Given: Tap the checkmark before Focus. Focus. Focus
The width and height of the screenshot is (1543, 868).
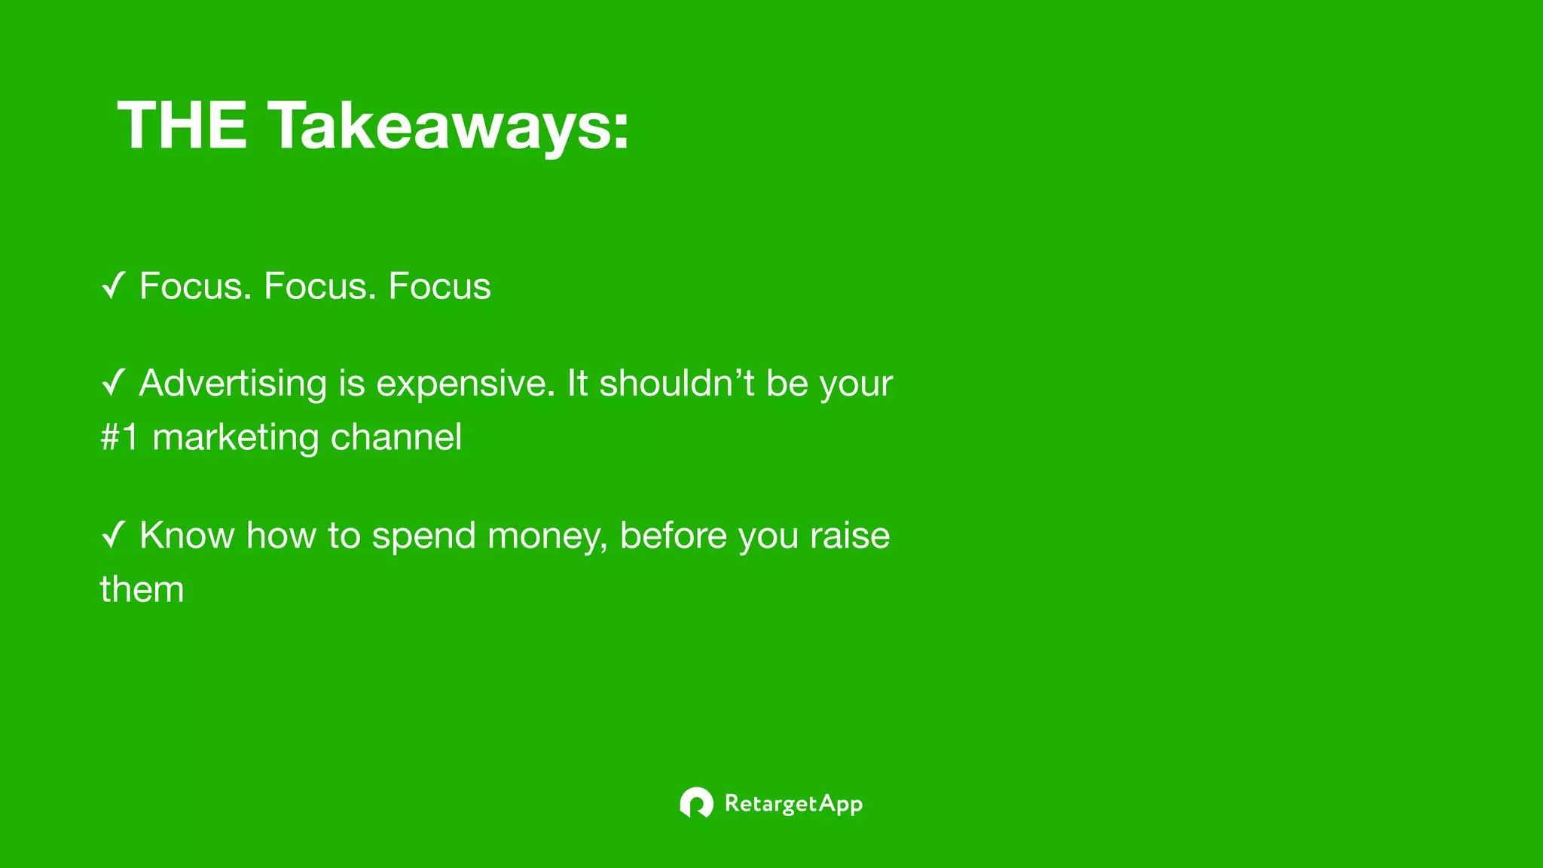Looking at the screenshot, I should (113, 286).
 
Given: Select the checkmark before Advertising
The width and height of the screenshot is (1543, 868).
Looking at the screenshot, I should (113, 383).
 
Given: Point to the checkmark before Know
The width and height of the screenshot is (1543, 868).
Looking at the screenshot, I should (113, 536).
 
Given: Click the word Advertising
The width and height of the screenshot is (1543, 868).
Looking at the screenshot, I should (233, 384).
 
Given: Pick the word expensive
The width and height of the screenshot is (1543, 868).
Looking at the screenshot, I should (465, 384).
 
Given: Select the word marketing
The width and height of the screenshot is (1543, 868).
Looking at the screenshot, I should (235, 438).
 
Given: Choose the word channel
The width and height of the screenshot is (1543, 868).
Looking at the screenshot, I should (396, 437).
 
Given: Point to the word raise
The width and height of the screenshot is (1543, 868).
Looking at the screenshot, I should (850, 536).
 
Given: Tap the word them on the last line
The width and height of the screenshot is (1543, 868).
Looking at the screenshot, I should (142, 589).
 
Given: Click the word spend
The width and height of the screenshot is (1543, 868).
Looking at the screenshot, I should (423, 536).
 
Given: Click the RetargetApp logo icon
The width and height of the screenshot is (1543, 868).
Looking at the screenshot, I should (696, 803).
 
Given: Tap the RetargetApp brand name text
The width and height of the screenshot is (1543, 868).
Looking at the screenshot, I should (793, 804).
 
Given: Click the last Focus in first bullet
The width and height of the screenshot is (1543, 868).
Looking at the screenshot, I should (439, 286).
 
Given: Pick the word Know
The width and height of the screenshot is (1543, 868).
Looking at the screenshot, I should (187, 536).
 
